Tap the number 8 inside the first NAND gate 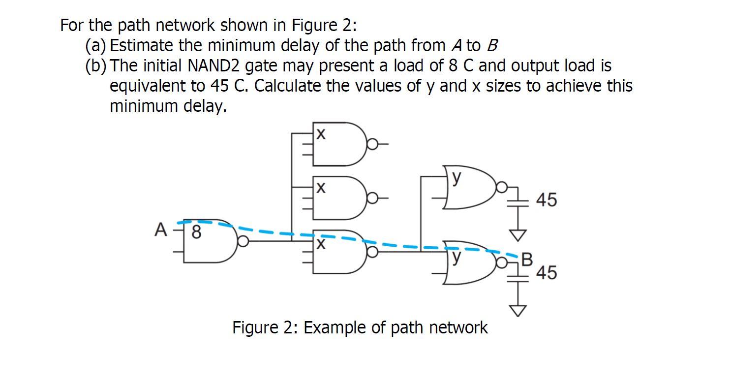[x=196, y=232]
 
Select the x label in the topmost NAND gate [x=320, y=134]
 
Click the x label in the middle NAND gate [x=320, y=188]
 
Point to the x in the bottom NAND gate [x=320, y=244]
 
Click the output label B [x=526, y=260]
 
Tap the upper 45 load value [x=547, y=200]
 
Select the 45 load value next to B [x=547, y=272]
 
